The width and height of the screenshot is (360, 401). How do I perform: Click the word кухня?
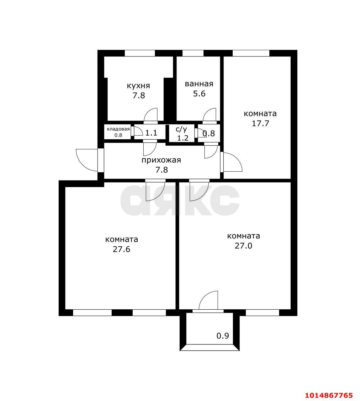tap(138, 86)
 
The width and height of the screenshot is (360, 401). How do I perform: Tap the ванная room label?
tap(199, 84)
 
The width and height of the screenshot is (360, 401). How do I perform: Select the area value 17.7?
tap(260, 123)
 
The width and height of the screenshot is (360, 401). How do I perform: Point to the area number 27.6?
tap(121, 249)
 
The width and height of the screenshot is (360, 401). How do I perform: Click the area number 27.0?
tap(243, 246)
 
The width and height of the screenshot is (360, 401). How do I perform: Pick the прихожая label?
tap(161, 160)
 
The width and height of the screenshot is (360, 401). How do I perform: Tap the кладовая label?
tap(118, 129)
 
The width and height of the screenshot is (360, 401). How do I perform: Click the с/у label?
tap(181, 129)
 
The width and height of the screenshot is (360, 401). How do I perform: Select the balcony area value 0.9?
tap(223, 336)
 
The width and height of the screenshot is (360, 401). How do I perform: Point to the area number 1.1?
tap(151, 133)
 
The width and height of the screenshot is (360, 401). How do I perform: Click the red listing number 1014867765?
tap(329, 390)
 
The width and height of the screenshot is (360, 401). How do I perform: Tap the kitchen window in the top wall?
tap(140, 53)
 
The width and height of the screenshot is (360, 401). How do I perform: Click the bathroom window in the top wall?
tap(193, 53)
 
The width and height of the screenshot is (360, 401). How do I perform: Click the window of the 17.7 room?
tap(251, 53)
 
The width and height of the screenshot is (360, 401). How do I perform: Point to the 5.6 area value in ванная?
tap(199, 94)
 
